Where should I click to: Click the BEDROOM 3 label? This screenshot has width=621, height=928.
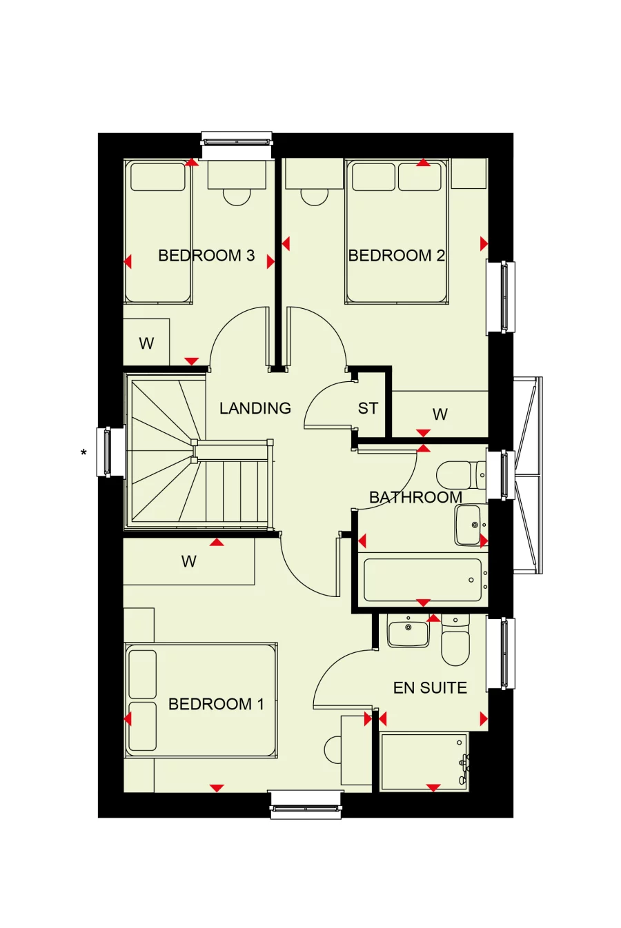pos(206,256)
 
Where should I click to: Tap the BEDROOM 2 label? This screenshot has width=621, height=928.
pos(396,256)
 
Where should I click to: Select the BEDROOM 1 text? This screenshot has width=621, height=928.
pos(216,704)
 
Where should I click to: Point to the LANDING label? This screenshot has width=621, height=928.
pos(255,408)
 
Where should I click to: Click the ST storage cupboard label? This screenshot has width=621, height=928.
pos(368,408)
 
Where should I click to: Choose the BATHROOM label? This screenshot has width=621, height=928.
pos(415,497)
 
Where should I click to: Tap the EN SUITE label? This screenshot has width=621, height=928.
pos(430,687)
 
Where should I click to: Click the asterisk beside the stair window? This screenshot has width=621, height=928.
pos(83,453)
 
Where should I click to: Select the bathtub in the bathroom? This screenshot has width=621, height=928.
pos(422,580)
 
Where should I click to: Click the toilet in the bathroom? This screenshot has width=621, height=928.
pos(457,475)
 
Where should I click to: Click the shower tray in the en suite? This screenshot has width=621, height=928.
pos(424,762)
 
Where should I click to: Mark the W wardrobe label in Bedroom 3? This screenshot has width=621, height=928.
pos(146,343)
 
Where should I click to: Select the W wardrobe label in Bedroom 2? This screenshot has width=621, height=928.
pos(440,414)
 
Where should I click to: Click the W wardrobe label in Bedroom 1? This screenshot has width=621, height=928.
pos(188,561)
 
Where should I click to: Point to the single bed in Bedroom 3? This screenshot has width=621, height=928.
pos(158,231)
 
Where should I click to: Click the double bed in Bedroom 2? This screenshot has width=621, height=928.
pos(397,231)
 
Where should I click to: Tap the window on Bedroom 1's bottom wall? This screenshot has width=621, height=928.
pos(305,804)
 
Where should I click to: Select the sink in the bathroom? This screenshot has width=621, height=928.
pos(469,525)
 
